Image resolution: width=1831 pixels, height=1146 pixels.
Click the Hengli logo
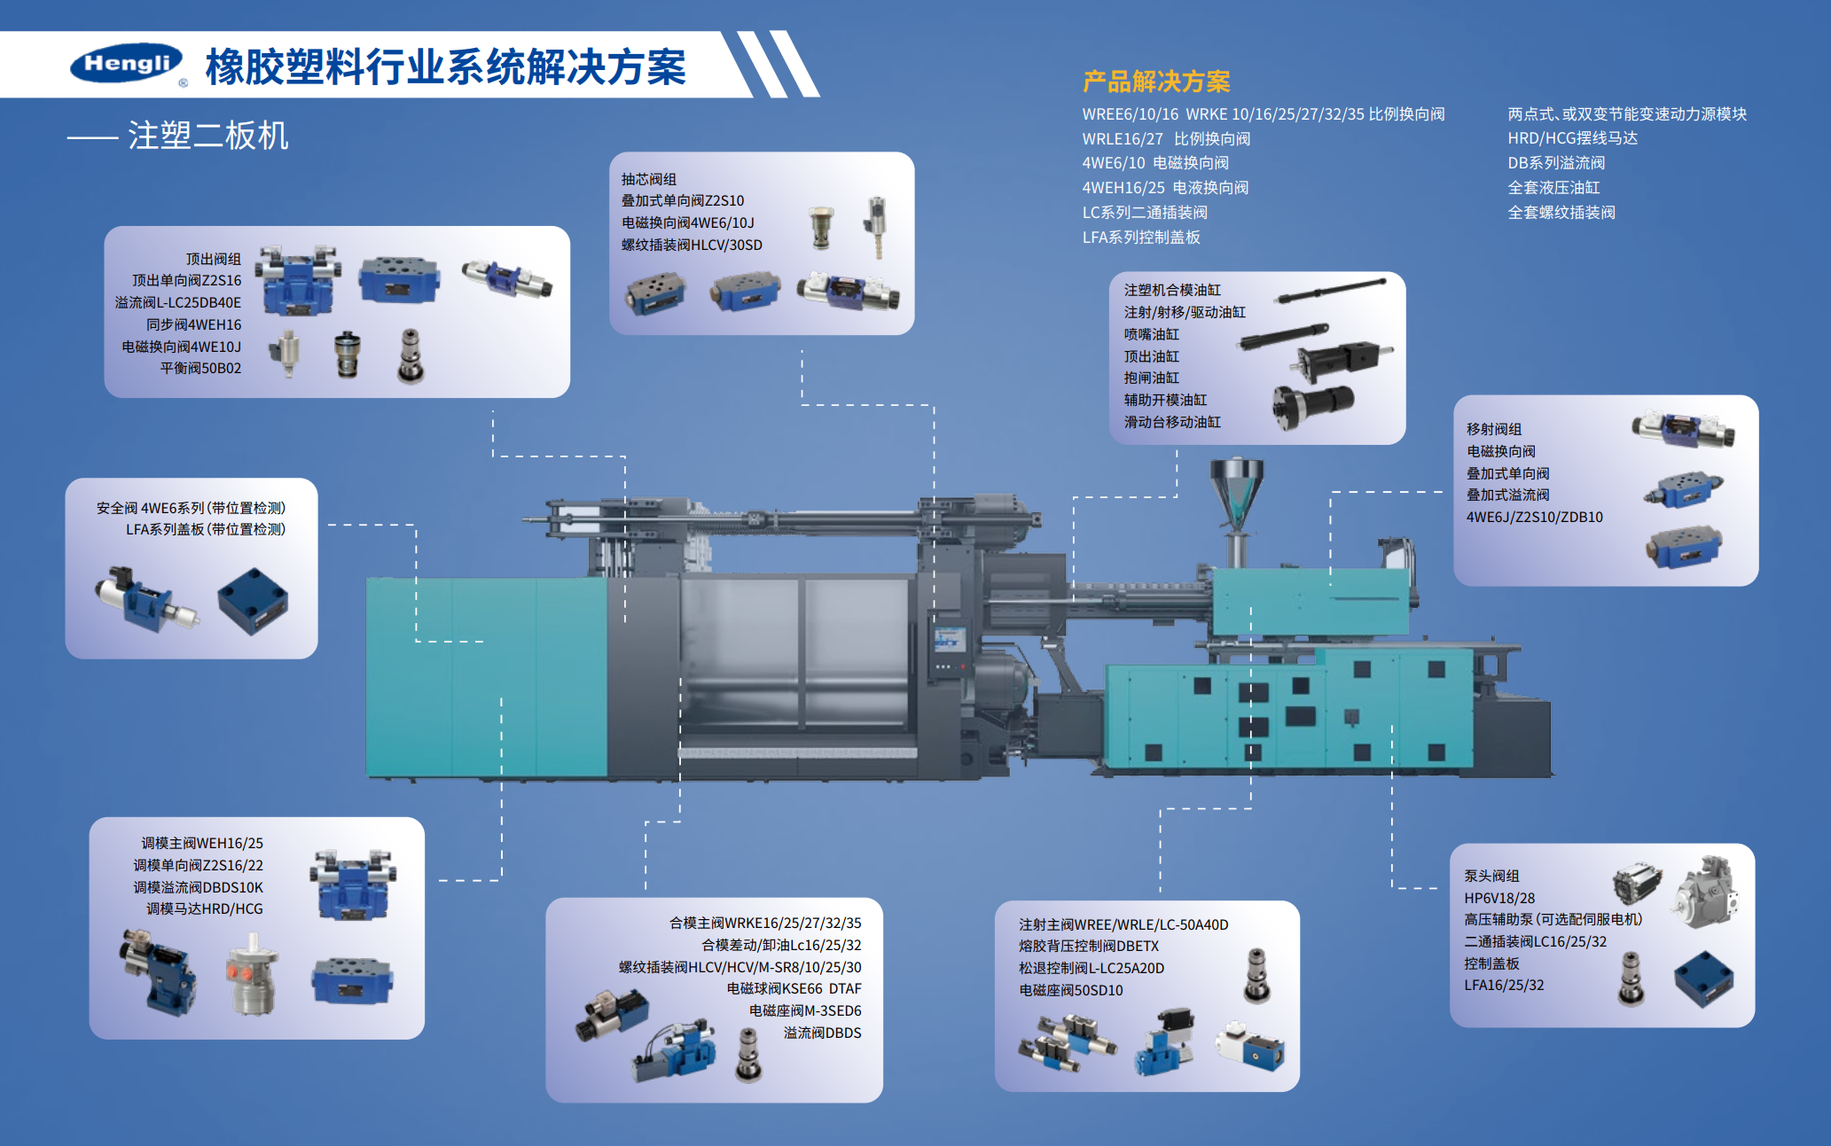coord(127,63)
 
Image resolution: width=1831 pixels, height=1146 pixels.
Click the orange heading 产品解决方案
coord(1156,82)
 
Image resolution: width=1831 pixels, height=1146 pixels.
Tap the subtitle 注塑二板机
coord(208,136)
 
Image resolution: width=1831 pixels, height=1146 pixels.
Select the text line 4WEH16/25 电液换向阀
coord(1165,188)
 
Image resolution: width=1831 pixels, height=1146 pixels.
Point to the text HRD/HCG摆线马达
coord(1572,138)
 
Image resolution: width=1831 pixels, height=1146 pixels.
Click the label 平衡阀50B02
coord(200,368)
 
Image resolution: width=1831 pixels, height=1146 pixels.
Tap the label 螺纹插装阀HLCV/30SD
coord(692,245)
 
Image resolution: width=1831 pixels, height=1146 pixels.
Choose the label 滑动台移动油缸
coord(1172,422)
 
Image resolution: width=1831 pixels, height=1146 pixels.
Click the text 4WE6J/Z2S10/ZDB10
coord(1534,517)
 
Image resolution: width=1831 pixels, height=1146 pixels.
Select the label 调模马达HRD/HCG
coord(204,908)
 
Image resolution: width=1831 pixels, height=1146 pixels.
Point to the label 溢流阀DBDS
coord(822,1033)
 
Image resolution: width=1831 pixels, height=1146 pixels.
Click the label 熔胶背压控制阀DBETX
coord(1089,946)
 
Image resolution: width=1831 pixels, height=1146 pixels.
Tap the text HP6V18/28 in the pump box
coord(1499,898)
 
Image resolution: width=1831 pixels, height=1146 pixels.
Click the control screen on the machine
coord(949,640)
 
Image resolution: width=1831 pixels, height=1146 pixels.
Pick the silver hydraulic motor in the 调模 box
coord(253,973)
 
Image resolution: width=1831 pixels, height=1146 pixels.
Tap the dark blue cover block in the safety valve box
coord(254,601)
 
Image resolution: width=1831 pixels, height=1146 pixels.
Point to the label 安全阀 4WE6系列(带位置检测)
coord(191,508)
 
